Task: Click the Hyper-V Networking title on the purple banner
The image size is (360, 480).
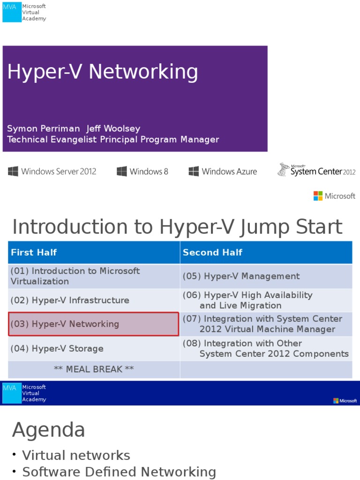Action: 103,72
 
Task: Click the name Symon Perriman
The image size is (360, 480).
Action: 44,128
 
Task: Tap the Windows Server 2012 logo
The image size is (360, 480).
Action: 52,172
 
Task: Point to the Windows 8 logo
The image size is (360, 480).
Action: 142,172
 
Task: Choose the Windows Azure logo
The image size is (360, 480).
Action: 223,172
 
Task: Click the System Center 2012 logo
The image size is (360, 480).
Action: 316,170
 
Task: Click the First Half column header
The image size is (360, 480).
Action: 34,253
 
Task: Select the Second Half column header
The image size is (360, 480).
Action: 212,253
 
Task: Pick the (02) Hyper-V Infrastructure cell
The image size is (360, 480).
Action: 70,300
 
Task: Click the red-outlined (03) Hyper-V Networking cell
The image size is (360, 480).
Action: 94,324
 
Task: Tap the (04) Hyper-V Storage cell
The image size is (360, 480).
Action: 57,349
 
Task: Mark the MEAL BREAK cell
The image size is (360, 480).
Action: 94,369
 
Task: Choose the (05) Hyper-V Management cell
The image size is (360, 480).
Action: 241,277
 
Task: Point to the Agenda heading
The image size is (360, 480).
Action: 49,430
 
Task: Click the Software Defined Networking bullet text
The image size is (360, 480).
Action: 119,472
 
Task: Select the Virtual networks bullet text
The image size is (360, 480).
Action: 76,455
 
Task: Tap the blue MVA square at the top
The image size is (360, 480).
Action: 12,12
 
